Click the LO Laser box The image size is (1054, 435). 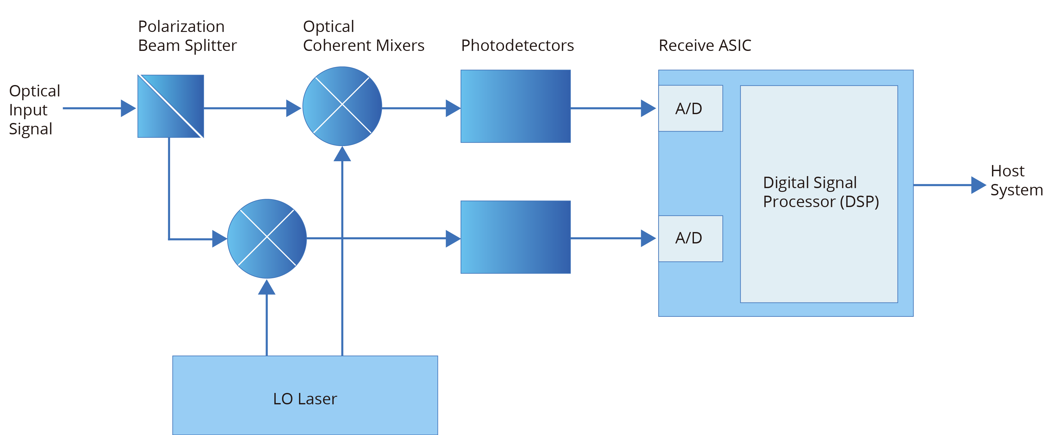point(305,395)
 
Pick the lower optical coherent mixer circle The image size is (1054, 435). point(267,239)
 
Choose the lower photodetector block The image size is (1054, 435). point(516,237)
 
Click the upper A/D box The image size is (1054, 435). point(690,108)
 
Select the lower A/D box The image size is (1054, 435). point(690,238)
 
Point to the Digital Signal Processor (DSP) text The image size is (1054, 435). point(820,192)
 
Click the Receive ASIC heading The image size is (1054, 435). point(705,46)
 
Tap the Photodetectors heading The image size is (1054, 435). point(517,46)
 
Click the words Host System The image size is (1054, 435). point(1016,181)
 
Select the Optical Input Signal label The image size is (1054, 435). point(34,110)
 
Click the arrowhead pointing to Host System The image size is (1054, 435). point(978,185)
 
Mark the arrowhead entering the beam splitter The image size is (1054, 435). point(128,108)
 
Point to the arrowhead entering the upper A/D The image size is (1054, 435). point(648,108)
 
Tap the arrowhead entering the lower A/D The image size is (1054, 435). point(648,238)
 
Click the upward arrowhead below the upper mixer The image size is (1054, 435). point(342,154)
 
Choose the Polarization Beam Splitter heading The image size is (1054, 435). point(187,36)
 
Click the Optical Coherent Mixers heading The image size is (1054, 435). point(363,36)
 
